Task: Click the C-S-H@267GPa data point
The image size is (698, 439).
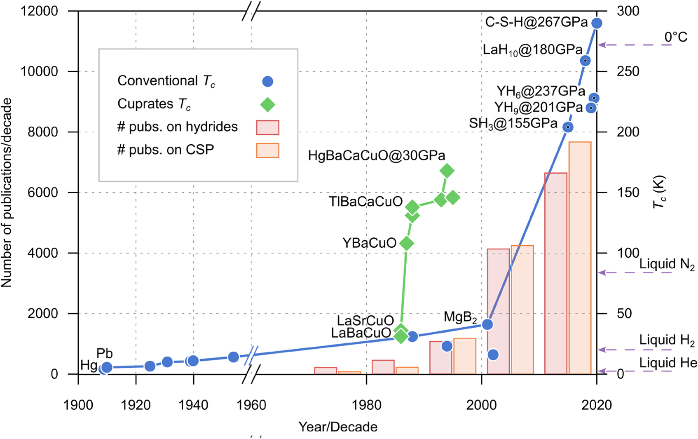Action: pyautogui.click(x=596, y=23)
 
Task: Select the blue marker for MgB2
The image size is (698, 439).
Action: pyautogui.click(x=487, y=324)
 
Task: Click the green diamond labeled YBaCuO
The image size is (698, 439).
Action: pyautogui.click(x=407, y=243)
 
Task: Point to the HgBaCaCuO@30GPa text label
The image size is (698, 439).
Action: pyautogui.click(x=377, y=156)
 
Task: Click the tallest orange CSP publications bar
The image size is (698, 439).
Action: pyautogui.click(x=580, y=258)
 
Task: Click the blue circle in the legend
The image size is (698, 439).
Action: pyautogui.click(x=268, y=82)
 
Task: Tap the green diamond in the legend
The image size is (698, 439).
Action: pyautogui.click(x=268, y=105)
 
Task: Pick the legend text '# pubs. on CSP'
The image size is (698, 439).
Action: pyautogui.click(x=166, y=150)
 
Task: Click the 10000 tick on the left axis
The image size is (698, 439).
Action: pyautogui.click(x=40, y=72)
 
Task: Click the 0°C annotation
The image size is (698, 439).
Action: pyautogui.click(x=676, y=38)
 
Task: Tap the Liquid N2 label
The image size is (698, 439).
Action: pyautogui.click(x=667, y=265)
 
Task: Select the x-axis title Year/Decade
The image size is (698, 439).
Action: pyautogui.click(x=338, y=427)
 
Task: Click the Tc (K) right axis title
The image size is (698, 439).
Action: pyautogui.click(x=660, y=192)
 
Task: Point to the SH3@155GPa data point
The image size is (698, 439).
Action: pyautogui.click(x=568, y=127)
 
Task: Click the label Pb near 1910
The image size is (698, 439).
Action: pyautogui.click(x=105, y=354)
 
